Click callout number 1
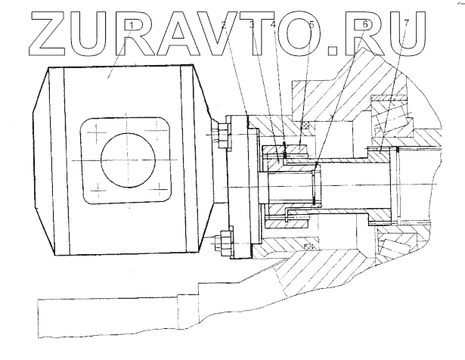tap(131, 26)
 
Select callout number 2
tap(223, 26)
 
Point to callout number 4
tap(273, 26)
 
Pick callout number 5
tap(310, 26)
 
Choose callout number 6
tap(364, 26)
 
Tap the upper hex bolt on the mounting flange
tap(220, 138)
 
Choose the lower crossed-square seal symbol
tap(308, 247)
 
